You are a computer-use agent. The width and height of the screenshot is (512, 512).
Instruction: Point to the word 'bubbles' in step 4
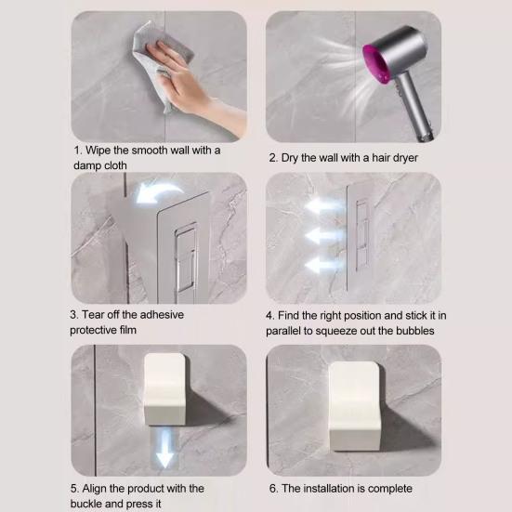click(x=414, y=331)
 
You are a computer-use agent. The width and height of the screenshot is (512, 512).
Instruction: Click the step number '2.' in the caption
click(x=274, y=158)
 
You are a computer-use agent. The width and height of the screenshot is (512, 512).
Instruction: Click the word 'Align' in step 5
click(x=96, y=488)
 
